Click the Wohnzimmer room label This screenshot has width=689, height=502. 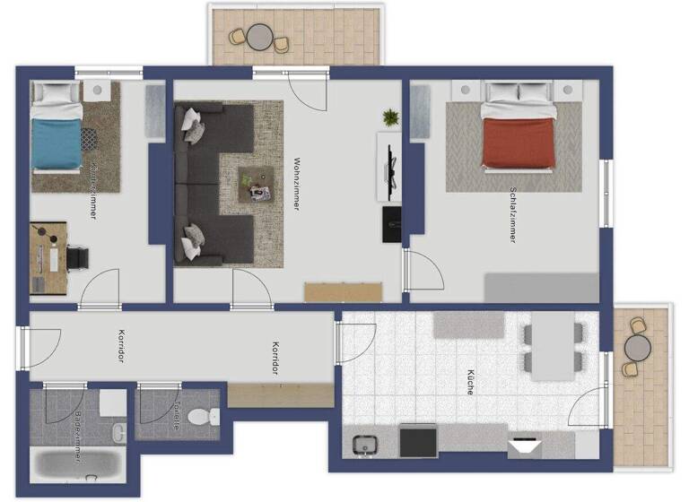pyautogui.click(x=296, y=184)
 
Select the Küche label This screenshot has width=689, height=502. pyautogui.click(x=469, y=383)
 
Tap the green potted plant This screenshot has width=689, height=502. pyautogui.click(x=390, y=117)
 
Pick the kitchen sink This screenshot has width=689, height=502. pyautogui.click(x=365, y=443)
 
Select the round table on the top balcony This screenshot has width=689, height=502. pyautogui.click(x=260, y=37)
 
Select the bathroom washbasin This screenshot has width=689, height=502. pyautogui.click(x=119, y=433)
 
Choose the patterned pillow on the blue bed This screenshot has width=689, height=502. pyautogui.click(x=90, y=139)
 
